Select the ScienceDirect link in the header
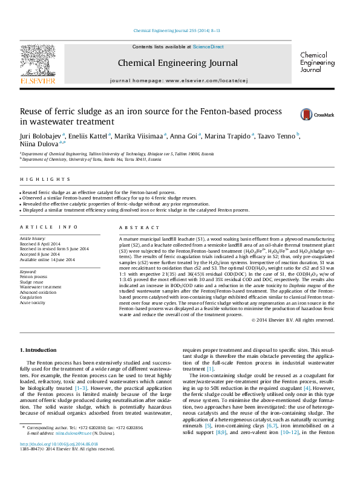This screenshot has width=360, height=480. tap(208, 47)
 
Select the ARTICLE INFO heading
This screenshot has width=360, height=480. tap(48, 227)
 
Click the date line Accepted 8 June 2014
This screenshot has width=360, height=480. tap(44, 255)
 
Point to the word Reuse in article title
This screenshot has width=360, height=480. tap(32, 112)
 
